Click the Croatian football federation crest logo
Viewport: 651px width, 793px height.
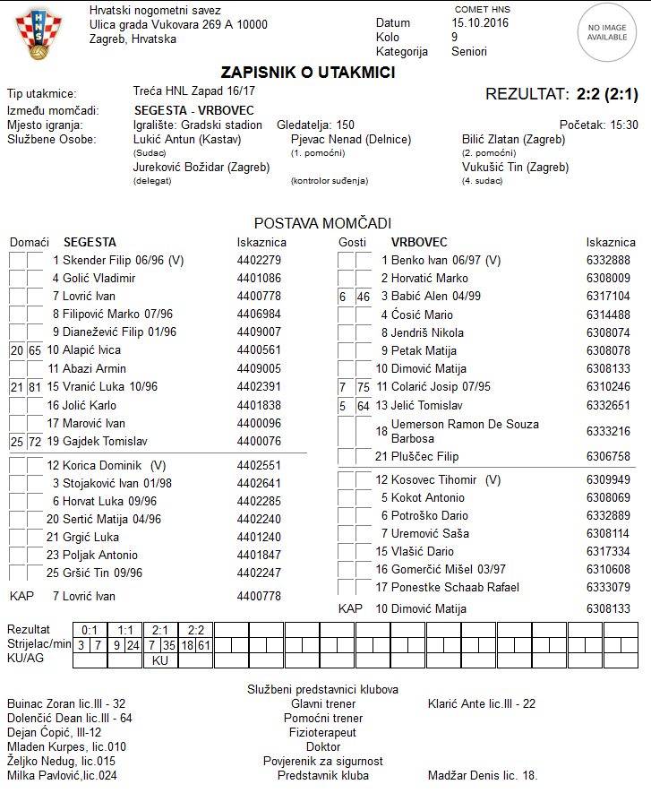tap(38, 35)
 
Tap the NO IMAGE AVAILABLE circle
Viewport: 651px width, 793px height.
tap(607, 33)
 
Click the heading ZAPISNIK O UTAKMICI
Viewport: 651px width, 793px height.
tap(308, 73)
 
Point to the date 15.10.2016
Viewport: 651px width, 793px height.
tap(480, 22)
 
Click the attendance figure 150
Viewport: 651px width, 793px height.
tap(345, 125)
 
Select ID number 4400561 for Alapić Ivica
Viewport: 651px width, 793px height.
tap(259, 350)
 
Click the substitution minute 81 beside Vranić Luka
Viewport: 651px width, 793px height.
tap(35, 387)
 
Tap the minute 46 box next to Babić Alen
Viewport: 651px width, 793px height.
tap(363, 297)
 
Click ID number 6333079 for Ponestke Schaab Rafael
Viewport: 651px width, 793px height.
tap(608, 588)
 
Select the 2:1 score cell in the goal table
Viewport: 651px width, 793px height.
tap(160, 630)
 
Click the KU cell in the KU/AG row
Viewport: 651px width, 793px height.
tap(160, 660)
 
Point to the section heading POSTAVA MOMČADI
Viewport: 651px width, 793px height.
tap(322, 223)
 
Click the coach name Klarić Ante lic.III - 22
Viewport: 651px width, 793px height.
tap(482, 704)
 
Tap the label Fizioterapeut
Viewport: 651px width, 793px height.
tap(322, 733)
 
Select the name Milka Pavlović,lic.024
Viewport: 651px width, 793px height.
tap(62, 776)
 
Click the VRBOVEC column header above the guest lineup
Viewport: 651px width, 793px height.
tap(419, 243)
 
